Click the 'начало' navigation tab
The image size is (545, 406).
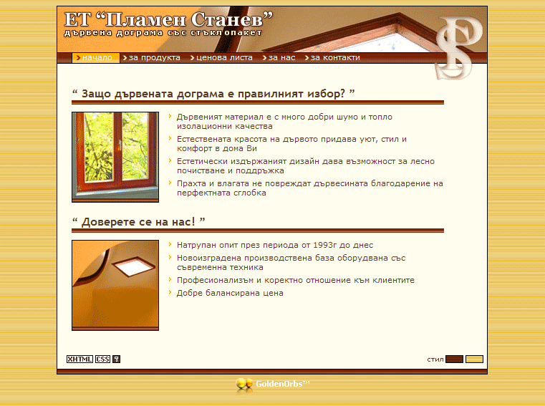pyautogui.click(x=95, y=58)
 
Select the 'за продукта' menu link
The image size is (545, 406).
pyautogui.click(x=152, y=58)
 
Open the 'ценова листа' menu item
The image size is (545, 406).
pyautogui.click(x=221, y=58)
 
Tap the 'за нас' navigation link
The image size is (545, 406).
pyautogui.click(x=279, y=58)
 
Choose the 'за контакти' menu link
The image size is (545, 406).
pyautogui.click(x=332, y=58)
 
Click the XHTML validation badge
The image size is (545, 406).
pyautogui.click(x=79, y=359)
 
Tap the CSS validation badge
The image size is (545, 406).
pyautogui.click(x=103, y=359)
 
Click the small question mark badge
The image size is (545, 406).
pyautogui.click(x=117, y=359)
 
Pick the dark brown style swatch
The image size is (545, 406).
pyautogui.click(x=454, y=359)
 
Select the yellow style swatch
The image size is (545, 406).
pyautogui.click(x=474, y=359)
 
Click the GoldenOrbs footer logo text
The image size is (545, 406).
pyautogui.click(x=283, y=384)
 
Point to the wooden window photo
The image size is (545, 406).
pyautogui.click(x=115, y=157)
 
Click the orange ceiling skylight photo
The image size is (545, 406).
pyautogui.click(x=115, y=285)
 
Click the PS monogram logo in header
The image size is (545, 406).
pyautogui.click(x=458, y=48)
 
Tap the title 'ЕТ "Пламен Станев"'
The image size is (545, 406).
pyautogui.click(x=168, y=19)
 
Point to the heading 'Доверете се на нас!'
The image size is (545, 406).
pyautogui.click(x=138, y=222)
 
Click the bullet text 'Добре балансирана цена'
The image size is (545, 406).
pyautogui.click(x=230, y=293)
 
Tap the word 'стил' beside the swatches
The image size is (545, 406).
pyautogui.click(x=435, y=359)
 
